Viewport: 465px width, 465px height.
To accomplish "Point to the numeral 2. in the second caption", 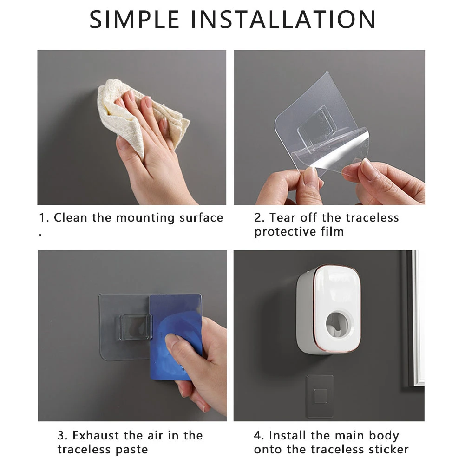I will [259, 217].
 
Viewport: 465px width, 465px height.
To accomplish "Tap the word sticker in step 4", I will [389, 449].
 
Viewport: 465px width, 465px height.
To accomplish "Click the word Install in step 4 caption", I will [288, 435].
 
